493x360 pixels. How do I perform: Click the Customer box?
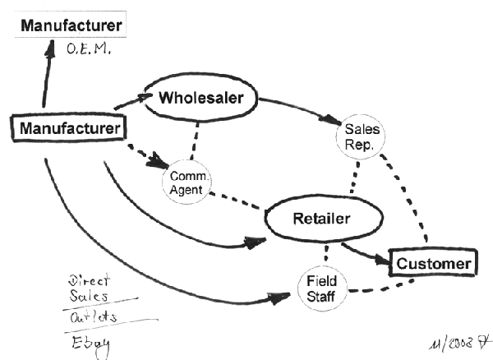(x=432, y=263)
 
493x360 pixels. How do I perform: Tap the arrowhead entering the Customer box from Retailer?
(x=379, y=260)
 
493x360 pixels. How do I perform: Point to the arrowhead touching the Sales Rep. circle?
(x=337, y=121)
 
